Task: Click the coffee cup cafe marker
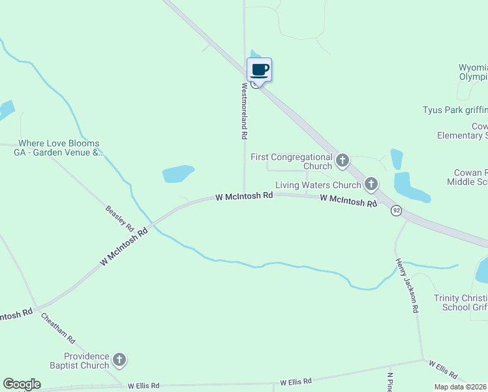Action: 259,70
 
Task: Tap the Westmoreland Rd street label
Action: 245,110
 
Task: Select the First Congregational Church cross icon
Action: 342,160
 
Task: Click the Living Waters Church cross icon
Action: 371,185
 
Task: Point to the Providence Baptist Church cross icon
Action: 119,359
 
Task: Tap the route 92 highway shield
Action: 396,211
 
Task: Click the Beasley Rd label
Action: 119,219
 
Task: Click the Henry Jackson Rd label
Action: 406,286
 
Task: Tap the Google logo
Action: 22,384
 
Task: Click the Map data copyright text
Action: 460,387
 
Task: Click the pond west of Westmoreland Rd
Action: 178,174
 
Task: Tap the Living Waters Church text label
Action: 318,186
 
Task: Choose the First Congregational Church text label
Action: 292,161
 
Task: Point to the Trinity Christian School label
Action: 461,302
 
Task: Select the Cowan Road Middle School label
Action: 466,177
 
